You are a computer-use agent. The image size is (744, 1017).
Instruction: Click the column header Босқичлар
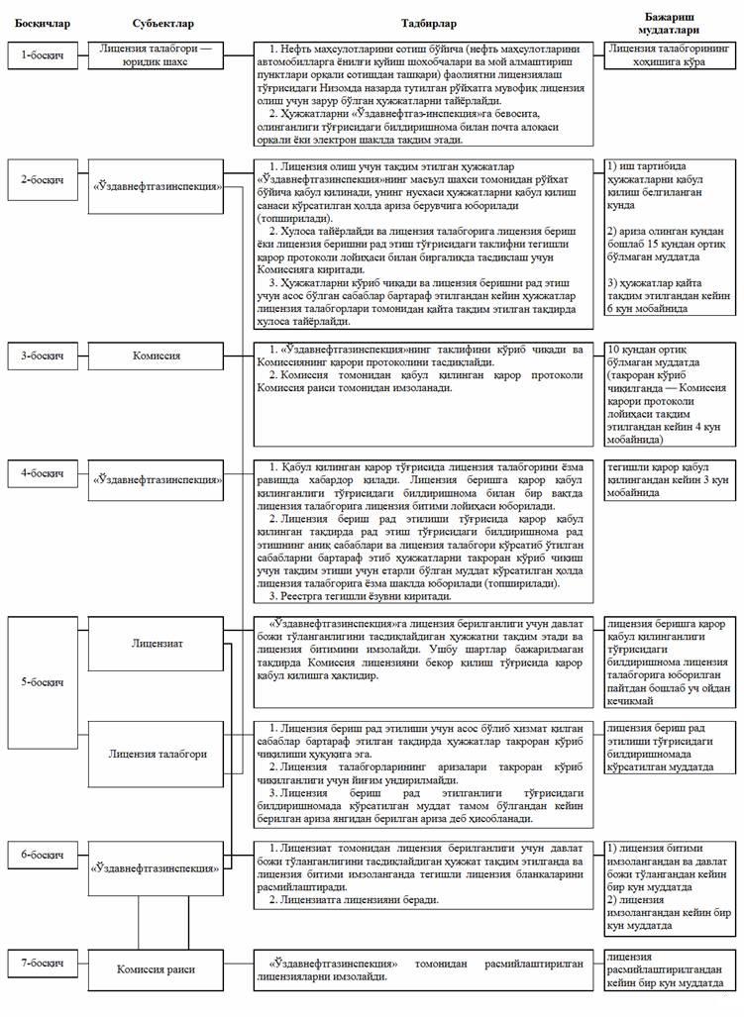tap(37, 22)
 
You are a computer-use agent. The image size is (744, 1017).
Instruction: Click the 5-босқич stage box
tap(44, 682)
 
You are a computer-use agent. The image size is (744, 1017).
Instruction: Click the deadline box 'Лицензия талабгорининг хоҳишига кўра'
tap(671, 54)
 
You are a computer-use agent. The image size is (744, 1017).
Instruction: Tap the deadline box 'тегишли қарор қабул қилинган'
tap(671, 480)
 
